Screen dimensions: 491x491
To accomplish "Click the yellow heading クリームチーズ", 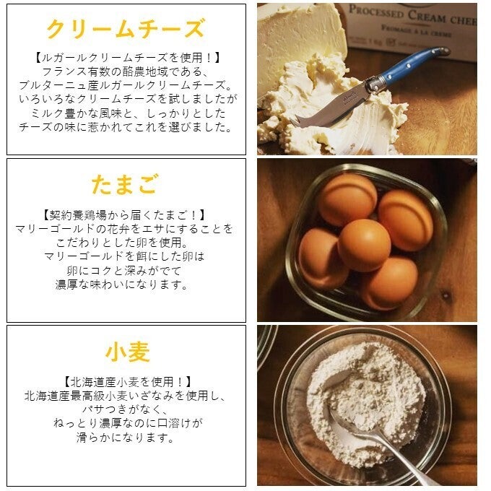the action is click(x=126, y=28).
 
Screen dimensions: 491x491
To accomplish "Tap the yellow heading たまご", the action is click(x=125, y=184).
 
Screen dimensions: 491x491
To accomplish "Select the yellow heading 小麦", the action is click(x=128, y=352).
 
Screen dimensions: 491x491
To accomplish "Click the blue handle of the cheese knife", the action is click(x=413, y=64).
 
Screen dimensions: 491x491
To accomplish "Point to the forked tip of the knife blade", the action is click(x=295, y=121).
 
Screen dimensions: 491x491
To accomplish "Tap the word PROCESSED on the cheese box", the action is click(x=376, y=12).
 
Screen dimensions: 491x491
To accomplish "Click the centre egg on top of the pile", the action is click(x=364, y=245).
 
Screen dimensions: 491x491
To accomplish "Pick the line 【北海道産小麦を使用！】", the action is click(x=128, y=382).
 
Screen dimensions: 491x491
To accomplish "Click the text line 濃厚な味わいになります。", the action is click(x=122, y=284).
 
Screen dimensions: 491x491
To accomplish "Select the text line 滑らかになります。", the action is click(x=125, y=437).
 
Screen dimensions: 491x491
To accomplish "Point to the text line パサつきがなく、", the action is click(x=126, y=409).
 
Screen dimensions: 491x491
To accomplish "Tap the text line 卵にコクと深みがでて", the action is click(x=124, y=271).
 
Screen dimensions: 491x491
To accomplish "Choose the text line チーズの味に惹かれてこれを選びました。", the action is click(x=126, y=127).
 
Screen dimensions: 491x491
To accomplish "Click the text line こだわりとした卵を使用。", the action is click(x=122, y=243).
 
